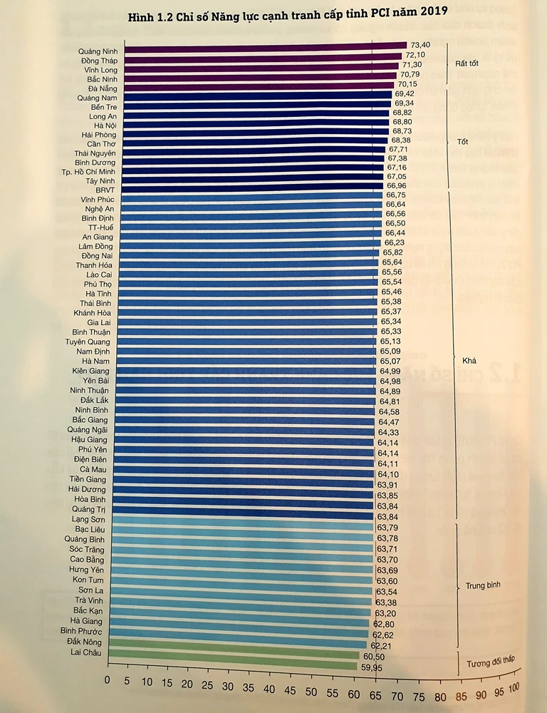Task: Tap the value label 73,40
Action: [x=417, y=45]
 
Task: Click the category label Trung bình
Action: [x=484, y=585]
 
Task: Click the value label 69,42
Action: [x=403, y=93]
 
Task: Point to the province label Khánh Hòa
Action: [x=93, y=312]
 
